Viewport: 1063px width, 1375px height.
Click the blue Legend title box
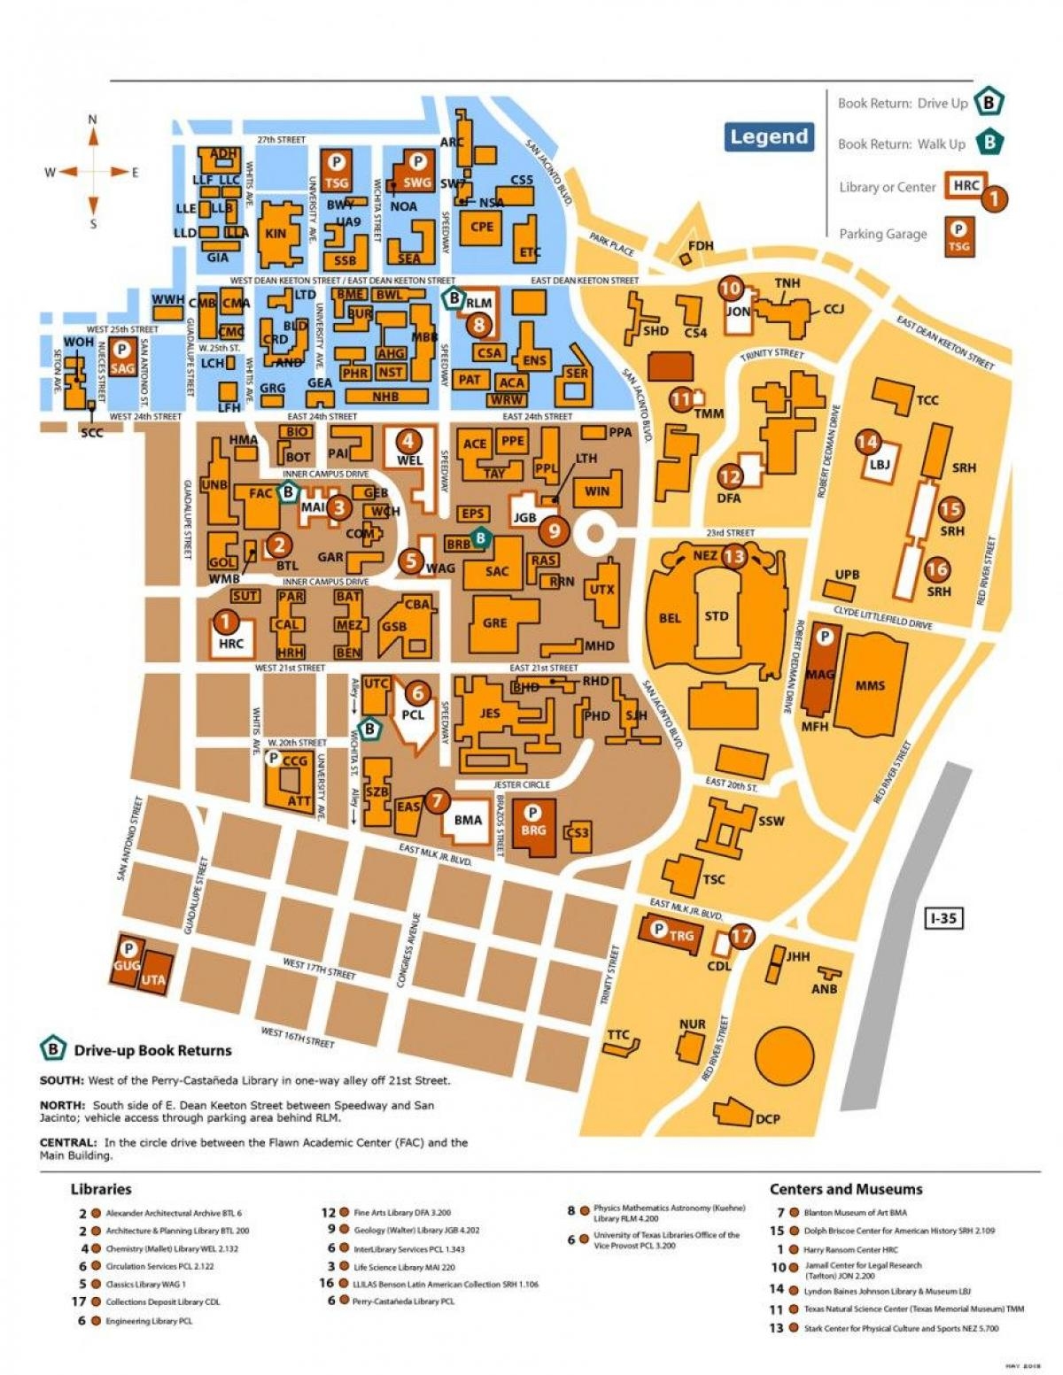[x=769, y=137]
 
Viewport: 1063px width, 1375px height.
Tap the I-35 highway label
[x=943, y=918]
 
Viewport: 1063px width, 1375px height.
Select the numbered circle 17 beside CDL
[x=741, y=936]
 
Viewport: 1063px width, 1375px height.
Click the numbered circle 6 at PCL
[x=417, y=694]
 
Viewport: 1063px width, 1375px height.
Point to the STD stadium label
[x=716, y=616]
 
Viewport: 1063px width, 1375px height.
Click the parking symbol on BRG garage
[x=532, y=812]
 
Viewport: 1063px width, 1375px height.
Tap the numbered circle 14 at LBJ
[x=867, y=442]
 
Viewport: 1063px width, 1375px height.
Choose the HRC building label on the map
[x=230, y=644]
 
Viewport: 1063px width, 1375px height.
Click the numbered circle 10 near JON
[x=731, y=288]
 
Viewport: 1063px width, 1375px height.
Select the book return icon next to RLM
[x=454, y=298]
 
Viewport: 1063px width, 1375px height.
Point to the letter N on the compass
[x=92, y=120]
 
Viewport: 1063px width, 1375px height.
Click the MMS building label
[x=870, y=684]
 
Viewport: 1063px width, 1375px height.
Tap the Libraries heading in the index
[x=101, y=1189]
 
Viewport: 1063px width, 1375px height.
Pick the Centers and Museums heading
[x=845, y=1189]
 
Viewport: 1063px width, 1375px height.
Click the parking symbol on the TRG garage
[x=658, y=929]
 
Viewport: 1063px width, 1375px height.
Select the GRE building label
[x=495, y=622]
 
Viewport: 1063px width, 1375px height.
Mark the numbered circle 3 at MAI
[x=338, y=507]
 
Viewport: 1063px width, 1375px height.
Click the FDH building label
[x=700, y=245]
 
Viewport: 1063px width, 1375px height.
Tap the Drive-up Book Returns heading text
[x=152, y=1051]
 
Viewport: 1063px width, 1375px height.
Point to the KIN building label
[x=275, y=234]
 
